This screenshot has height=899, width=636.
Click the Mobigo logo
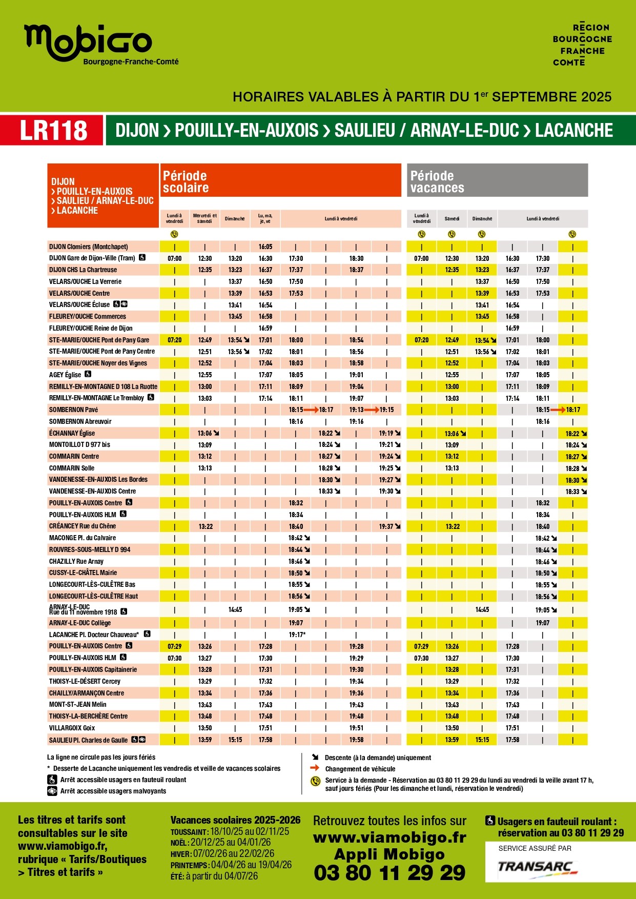[x=88, y=43]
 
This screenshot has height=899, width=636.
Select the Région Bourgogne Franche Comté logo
[x=582, y=45]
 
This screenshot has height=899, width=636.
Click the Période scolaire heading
[x=185, y=182]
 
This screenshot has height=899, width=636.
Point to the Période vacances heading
[x=437, y=182]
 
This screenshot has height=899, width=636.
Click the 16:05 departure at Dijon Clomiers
[x=265, y=247]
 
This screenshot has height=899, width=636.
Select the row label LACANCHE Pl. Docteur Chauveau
[x=94, y=635]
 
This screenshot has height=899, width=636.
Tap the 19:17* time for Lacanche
[x=297, y=635]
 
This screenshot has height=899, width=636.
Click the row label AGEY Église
[x=65, y=375]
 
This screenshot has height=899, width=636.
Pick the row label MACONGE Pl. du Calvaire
[x=83, y=538]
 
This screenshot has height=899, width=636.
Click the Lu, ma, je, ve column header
[x=265, y=219]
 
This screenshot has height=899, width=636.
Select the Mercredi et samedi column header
[x=204, y=219]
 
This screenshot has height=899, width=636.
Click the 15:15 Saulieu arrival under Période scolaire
[x=235, y=740]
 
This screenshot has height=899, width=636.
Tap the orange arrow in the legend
[x=315, y=768]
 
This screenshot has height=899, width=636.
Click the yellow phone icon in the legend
[x=316, y=781]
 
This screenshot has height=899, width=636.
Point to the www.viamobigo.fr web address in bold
[x=389, y=837]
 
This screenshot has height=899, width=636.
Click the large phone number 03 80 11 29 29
[x=389, y=872]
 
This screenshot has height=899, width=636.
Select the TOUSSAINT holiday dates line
[x=230, y=831]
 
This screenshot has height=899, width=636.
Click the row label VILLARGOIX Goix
[x=72, y=728]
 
